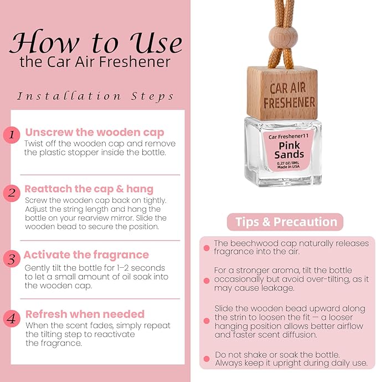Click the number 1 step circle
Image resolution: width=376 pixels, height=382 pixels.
[x=12, y=135]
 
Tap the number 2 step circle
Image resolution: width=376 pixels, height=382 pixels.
[x=12, y=193]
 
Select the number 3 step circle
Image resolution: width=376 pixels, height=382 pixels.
[x=12, y=259]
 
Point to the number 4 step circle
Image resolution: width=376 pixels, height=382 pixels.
[x=12, y=318]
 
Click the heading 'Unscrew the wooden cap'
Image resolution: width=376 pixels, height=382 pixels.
[x=95, y=133]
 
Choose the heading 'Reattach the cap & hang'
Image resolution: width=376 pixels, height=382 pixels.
[x=89, y=189]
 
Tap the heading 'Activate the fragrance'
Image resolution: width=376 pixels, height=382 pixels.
[x=86, y=255]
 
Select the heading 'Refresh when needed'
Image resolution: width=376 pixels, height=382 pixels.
[x=85, y=314]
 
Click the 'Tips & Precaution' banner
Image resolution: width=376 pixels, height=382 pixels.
[x=285, y=222]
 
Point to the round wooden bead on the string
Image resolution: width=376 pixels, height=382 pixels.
[x=284, y=37]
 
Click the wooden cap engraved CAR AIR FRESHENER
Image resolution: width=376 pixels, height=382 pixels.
[x=282, y=94]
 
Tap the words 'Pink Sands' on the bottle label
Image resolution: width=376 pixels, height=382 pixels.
[x=289, y=150]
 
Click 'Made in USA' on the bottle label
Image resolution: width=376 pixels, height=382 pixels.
[x=289, y=167]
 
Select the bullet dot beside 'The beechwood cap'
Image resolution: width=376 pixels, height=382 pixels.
[x=207, y=248]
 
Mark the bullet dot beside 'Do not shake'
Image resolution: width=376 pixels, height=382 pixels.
[x=207, y=359]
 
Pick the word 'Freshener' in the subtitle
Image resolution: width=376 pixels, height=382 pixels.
[x=135, y=62]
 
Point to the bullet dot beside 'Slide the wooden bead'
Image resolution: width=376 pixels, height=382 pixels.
[x=207, y=320]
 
